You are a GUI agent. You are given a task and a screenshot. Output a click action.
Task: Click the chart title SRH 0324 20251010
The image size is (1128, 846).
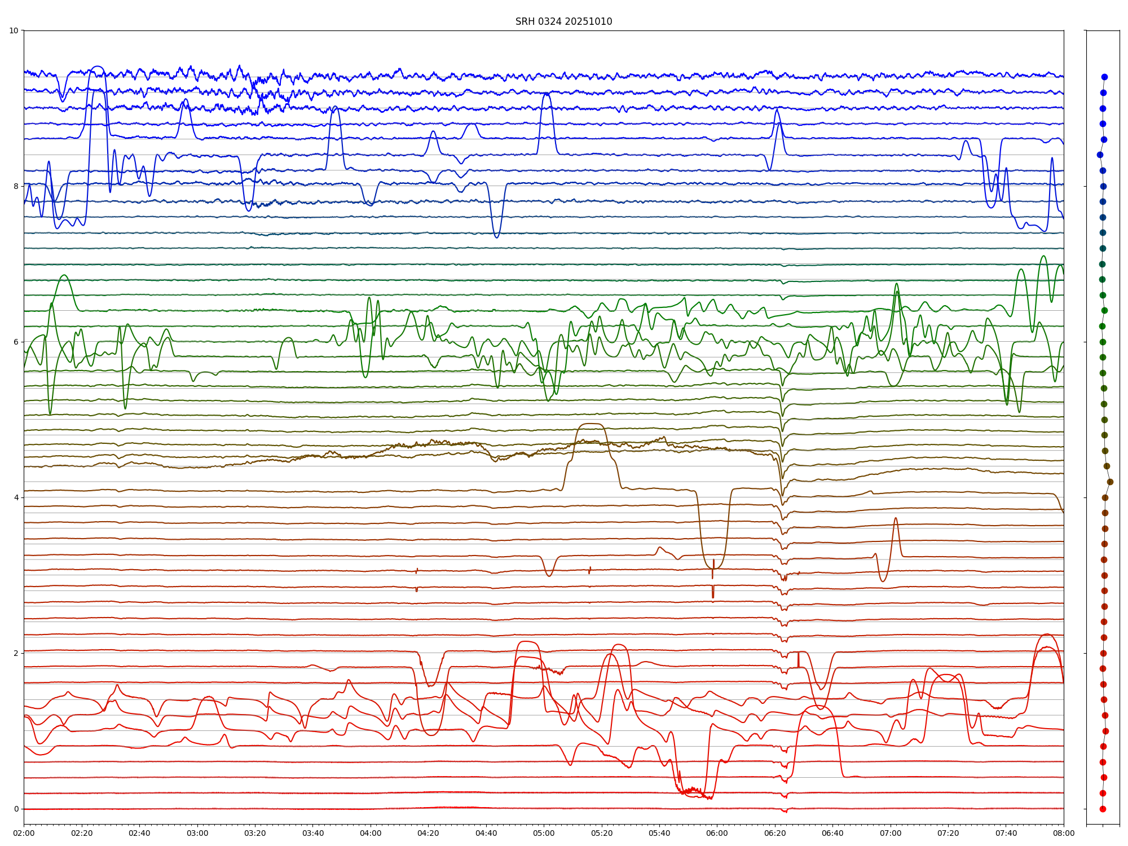563,21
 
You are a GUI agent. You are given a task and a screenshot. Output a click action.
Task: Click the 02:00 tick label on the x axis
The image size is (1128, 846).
24,833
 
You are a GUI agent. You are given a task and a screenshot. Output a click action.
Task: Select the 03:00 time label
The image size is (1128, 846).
197,833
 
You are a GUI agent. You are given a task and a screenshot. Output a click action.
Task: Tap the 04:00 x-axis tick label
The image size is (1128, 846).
371,833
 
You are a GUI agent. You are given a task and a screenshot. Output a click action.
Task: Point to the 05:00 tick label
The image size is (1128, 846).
544,833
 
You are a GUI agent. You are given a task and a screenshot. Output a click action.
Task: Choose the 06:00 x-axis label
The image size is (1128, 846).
717,833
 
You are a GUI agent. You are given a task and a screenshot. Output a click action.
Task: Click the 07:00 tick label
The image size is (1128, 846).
891,833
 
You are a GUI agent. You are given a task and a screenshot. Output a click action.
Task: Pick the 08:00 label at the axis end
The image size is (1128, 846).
1064,833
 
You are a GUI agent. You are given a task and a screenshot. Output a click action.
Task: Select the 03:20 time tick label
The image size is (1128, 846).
255,833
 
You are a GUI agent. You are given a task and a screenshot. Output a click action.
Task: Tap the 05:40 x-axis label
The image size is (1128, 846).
659,833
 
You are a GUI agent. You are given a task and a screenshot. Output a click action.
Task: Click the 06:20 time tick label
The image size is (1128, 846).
775,833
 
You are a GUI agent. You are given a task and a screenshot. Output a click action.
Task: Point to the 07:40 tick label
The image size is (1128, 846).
1006,833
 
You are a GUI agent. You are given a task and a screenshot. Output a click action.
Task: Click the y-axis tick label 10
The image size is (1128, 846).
14,30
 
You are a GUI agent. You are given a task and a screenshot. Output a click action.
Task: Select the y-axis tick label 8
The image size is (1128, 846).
16,186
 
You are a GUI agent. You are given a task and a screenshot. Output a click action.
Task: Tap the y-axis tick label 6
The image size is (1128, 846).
16,342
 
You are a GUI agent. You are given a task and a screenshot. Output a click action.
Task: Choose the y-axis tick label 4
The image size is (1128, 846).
16,497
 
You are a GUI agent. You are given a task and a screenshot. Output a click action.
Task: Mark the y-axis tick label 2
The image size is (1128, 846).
16,653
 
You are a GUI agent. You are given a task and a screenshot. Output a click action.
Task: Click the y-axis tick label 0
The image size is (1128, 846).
16,809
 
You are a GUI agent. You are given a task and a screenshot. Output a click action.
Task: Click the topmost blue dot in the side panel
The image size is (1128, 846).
1104,77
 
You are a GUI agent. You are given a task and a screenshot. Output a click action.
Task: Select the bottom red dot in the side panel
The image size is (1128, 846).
1103,809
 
